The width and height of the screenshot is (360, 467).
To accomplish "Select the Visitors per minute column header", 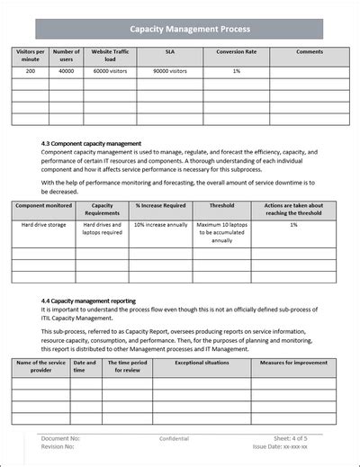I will (29, 57).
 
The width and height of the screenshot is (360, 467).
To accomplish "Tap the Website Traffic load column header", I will (110, 57).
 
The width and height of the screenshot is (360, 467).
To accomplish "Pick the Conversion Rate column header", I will (236, 52).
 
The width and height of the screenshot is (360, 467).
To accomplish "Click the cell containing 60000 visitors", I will (110, 70).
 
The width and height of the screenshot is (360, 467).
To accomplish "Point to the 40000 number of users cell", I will (67, 70).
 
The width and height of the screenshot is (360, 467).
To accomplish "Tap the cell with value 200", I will (29, 70).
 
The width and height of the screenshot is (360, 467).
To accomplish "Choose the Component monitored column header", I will (43, 205).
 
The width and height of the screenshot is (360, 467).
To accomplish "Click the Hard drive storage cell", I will (43, 224).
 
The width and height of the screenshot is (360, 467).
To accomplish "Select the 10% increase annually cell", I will (160, 224).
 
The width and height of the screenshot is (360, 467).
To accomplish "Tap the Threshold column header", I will (221, 205).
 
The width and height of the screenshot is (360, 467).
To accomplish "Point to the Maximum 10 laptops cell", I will (221, 232).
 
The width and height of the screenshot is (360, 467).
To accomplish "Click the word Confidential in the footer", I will (174, 438).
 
